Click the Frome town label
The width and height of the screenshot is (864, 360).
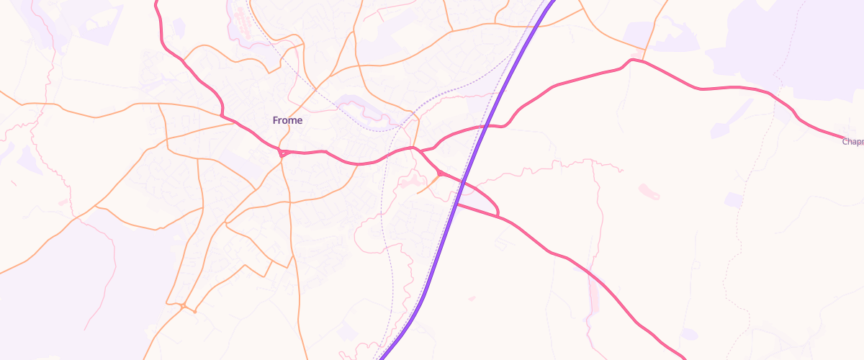pos(287,120)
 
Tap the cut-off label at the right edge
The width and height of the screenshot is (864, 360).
pos(853,142)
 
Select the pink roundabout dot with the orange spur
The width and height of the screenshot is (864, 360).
pos(439,173)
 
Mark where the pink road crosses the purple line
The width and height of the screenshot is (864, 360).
pos(487,126)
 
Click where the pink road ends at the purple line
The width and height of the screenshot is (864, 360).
pos(456,204)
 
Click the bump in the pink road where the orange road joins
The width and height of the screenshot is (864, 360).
pos(631,60)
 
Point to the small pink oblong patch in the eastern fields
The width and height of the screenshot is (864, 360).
pos(648,192)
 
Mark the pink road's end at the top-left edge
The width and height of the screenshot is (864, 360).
pos(156,2)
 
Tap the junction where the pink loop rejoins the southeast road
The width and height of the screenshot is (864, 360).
pos(498,216)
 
